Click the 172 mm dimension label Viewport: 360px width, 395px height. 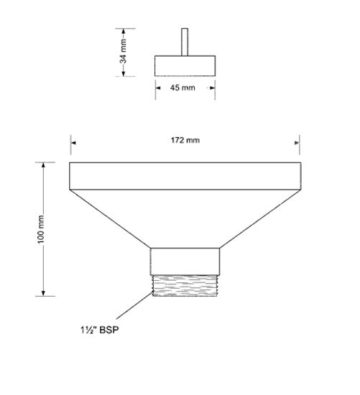tap(186, 140)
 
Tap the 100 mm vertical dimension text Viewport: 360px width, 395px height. tap(41, 229)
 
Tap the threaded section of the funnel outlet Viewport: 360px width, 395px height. tap(185, 284)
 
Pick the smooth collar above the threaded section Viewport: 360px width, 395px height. tap(185, 258)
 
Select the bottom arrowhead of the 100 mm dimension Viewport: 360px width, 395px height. tap(45, 292)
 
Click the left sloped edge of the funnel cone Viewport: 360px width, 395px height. tap(110, 218)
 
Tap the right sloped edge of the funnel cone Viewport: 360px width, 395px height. tap(259, 218)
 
